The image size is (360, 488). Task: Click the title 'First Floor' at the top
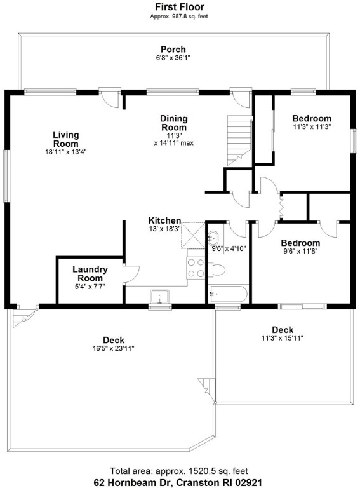pos(180,7)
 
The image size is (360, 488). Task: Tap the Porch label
pos(173,50)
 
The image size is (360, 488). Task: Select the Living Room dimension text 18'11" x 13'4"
pos(65,152)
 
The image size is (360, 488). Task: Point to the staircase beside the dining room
pos(239,137)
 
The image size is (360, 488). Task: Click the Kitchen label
pos(164,220)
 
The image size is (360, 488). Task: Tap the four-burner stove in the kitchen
pos(196,268)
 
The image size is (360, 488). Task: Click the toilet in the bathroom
pos(217,269)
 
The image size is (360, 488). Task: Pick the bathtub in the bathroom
pos(228,295)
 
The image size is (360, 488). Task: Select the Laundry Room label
pos(90,274)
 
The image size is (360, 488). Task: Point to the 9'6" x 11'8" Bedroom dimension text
pos(301,252)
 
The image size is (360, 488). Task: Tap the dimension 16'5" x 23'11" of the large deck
pos(113,348)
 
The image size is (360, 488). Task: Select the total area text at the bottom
pos(180,471)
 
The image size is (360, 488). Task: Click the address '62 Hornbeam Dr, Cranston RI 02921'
pos(180,482)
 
